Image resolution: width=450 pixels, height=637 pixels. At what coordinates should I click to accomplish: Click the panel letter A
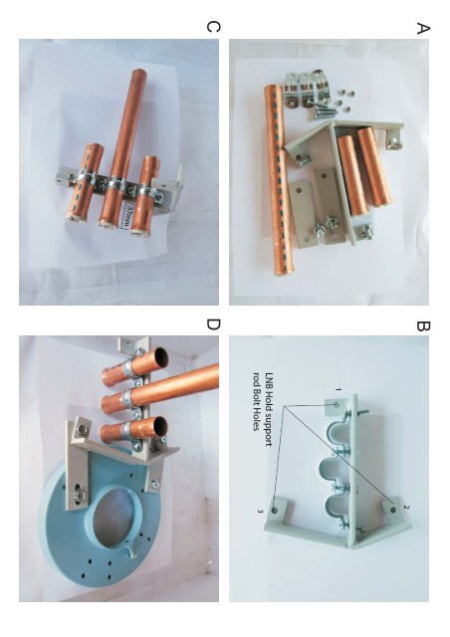423,29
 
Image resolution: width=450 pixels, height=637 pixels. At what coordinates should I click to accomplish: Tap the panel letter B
423,325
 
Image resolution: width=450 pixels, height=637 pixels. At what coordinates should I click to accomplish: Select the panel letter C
213,27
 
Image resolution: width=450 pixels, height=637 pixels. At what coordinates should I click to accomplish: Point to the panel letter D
213,324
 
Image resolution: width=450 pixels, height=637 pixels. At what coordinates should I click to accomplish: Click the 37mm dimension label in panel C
128,217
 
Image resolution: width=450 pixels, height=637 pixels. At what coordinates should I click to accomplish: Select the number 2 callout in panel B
406,507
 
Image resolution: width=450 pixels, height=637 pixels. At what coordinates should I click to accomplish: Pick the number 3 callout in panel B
259,511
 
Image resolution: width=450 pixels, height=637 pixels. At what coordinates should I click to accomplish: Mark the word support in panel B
268,430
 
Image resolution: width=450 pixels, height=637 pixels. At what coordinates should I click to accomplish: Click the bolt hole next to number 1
337,405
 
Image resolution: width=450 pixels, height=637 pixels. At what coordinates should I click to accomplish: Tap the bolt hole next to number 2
392,509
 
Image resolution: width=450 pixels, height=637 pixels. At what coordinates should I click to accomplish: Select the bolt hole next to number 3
275,510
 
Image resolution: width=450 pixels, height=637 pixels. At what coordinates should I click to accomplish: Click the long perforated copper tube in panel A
276,179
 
